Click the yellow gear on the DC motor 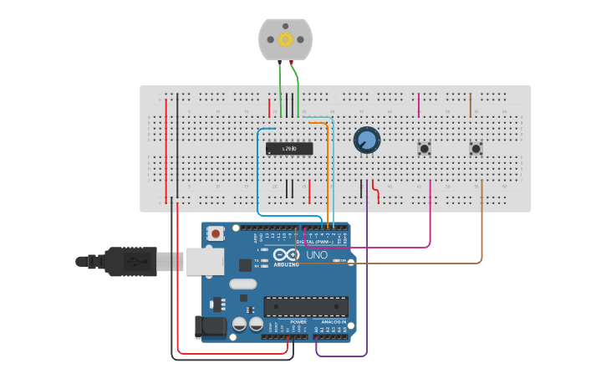(285, 39)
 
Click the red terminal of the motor (291, 62)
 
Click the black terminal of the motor (279, 62)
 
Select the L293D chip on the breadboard (289, 149)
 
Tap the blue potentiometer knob (366, 140)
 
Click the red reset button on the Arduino (216, 233)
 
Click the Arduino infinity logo (285, 255)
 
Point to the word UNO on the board (317, 254)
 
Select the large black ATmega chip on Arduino (306, 306)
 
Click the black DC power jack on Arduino (209, 327)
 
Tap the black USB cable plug (130, 261)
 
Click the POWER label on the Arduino (298, 322)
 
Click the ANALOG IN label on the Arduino (334, 322)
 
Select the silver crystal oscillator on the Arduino (242, 284)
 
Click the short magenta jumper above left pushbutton (419, 105)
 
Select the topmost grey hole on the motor (285, 23)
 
